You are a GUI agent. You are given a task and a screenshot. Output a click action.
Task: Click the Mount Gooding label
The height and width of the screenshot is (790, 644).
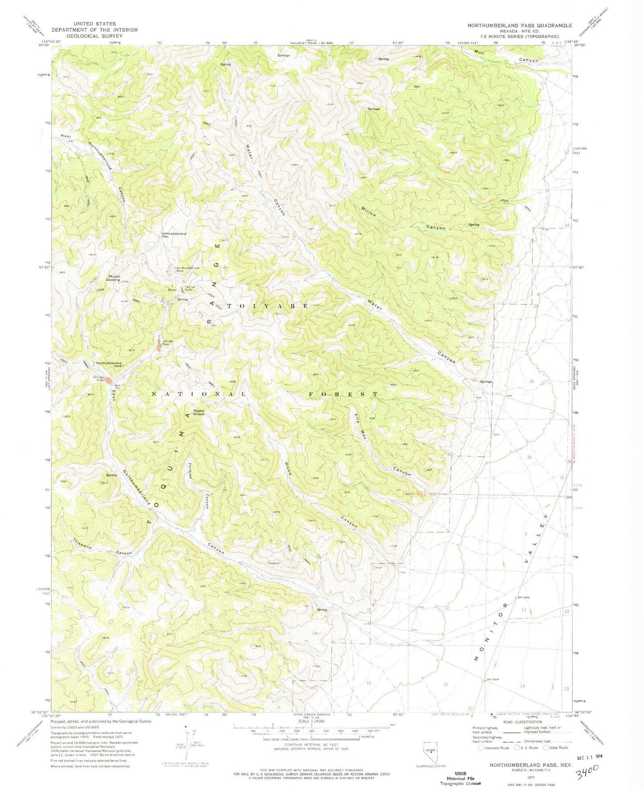114,277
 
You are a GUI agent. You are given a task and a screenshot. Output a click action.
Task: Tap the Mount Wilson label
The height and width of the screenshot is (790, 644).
198,412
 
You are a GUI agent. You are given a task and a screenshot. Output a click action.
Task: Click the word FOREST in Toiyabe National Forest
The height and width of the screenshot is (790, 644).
343,394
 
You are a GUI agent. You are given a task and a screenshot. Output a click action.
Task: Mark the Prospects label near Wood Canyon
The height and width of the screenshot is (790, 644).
273,563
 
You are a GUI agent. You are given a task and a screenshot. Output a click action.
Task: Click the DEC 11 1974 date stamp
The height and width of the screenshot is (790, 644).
595,757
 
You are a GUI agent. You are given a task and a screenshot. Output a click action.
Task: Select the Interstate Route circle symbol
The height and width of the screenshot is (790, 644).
480,748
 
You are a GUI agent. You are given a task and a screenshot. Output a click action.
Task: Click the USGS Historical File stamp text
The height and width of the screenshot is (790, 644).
460,778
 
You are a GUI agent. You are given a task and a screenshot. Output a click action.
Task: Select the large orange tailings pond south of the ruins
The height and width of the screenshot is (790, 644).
160,345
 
